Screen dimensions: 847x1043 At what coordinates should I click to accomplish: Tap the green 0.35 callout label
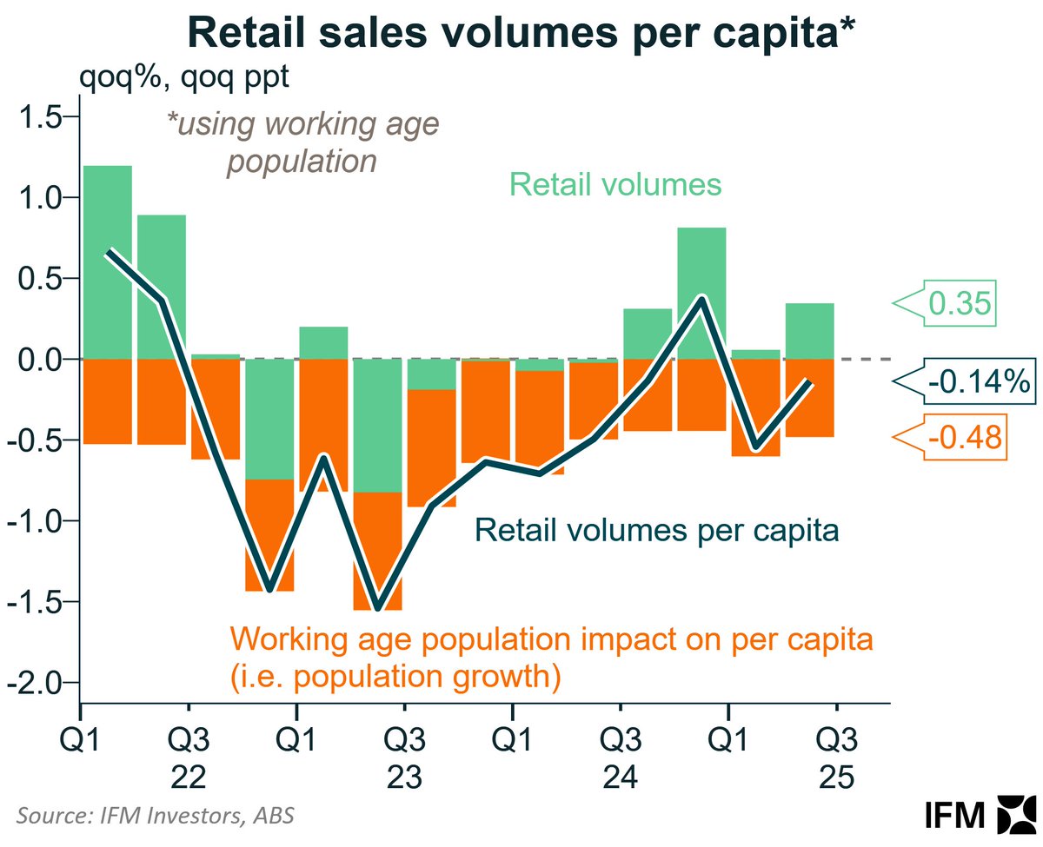point(960,303)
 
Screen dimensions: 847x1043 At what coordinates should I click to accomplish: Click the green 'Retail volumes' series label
point(615,184)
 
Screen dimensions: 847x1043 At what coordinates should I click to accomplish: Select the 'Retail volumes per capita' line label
point(656,530)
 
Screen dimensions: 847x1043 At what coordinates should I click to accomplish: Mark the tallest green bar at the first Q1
point(107,261)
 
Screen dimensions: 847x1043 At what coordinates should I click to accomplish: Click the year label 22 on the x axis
point(189,777)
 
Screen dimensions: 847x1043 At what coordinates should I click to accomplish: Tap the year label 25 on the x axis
point(836,777)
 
